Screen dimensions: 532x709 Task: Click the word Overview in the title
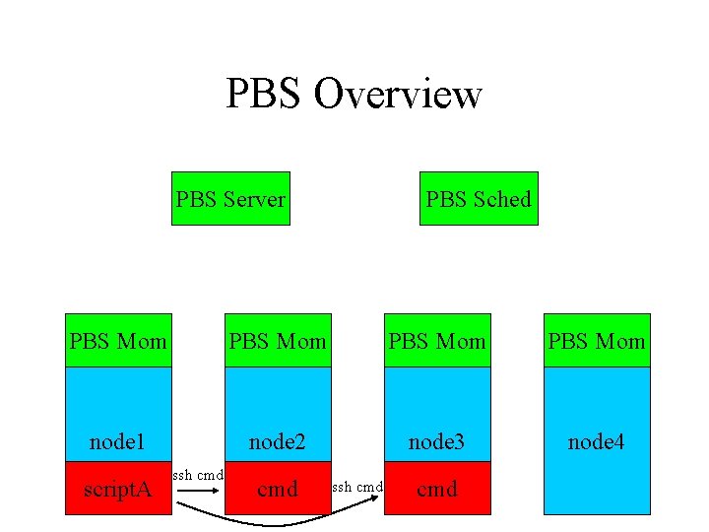398,94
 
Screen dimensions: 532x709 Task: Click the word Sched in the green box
501,199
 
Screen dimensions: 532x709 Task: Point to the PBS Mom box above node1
118,341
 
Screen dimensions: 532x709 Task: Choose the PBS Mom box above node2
278,341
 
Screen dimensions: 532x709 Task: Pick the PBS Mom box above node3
437,341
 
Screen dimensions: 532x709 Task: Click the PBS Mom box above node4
597,341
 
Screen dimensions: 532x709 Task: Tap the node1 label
117,442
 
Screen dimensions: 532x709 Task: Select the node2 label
277,442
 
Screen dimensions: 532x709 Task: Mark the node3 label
436,442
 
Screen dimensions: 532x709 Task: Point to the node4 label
596,442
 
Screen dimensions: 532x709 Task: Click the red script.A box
118,488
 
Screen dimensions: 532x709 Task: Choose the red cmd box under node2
278,488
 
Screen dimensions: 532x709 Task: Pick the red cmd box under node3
437,488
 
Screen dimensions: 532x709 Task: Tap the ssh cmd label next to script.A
198,476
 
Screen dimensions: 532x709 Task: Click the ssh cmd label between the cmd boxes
356,487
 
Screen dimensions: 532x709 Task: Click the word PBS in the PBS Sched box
446,199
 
